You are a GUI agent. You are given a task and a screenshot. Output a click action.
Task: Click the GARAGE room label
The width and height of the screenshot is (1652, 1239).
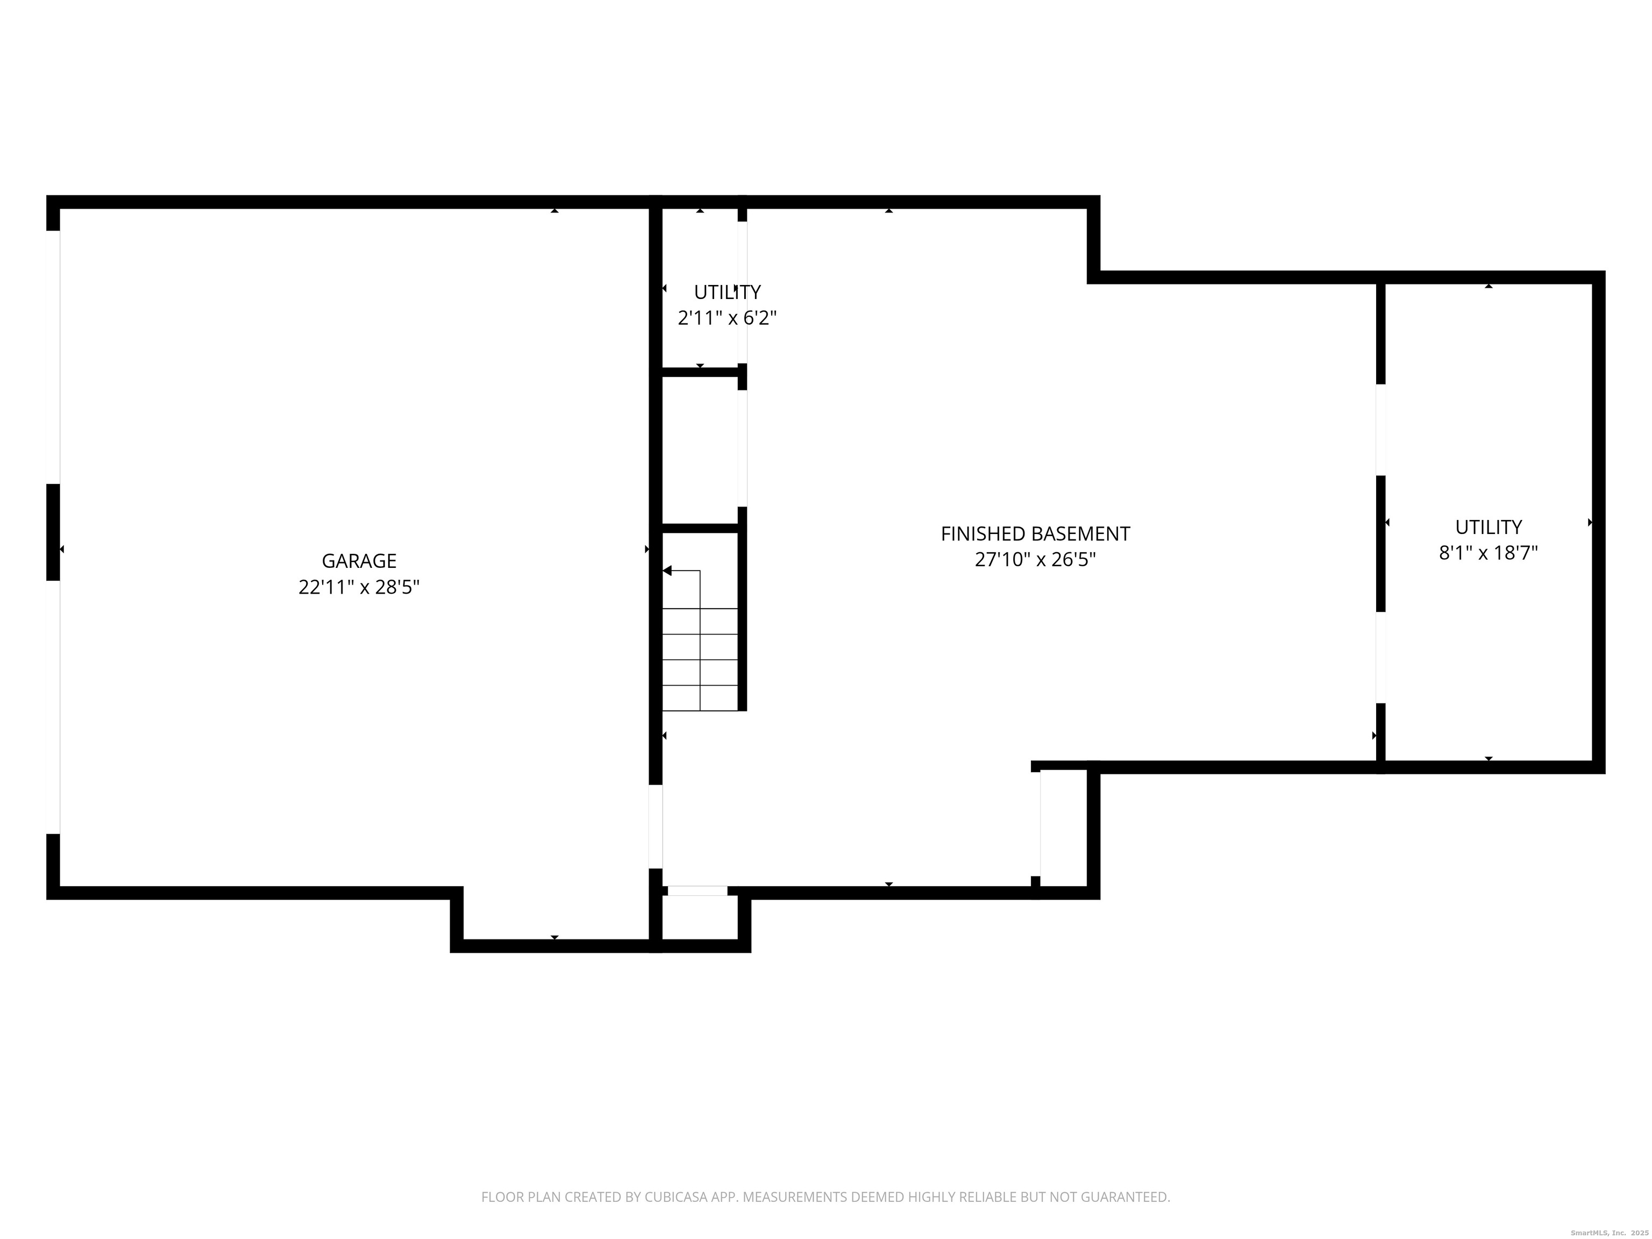coord(359,561)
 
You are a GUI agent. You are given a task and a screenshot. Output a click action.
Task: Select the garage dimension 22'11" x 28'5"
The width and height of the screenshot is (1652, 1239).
coord(359,588)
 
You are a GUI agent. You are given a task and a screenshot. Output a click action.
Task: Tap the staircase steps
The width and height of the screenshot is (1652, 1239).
coord(700,659)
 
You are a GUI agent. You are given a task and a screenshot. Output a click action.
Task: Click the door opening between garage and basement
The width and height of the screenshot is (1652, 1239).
coord(655,826)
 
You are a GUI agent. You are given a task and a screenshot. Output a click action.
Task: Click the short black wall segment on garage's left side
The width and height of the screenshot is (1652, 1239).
coord(53,532)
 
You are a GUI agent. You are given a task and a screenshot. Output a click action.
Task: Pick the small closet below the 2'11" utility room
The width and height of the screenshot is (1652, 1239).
coord(700,448)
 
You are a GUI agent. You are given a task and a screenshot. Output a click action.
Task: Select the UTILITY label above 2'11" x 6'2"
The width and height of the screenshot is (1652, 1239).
coord(727,292)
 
